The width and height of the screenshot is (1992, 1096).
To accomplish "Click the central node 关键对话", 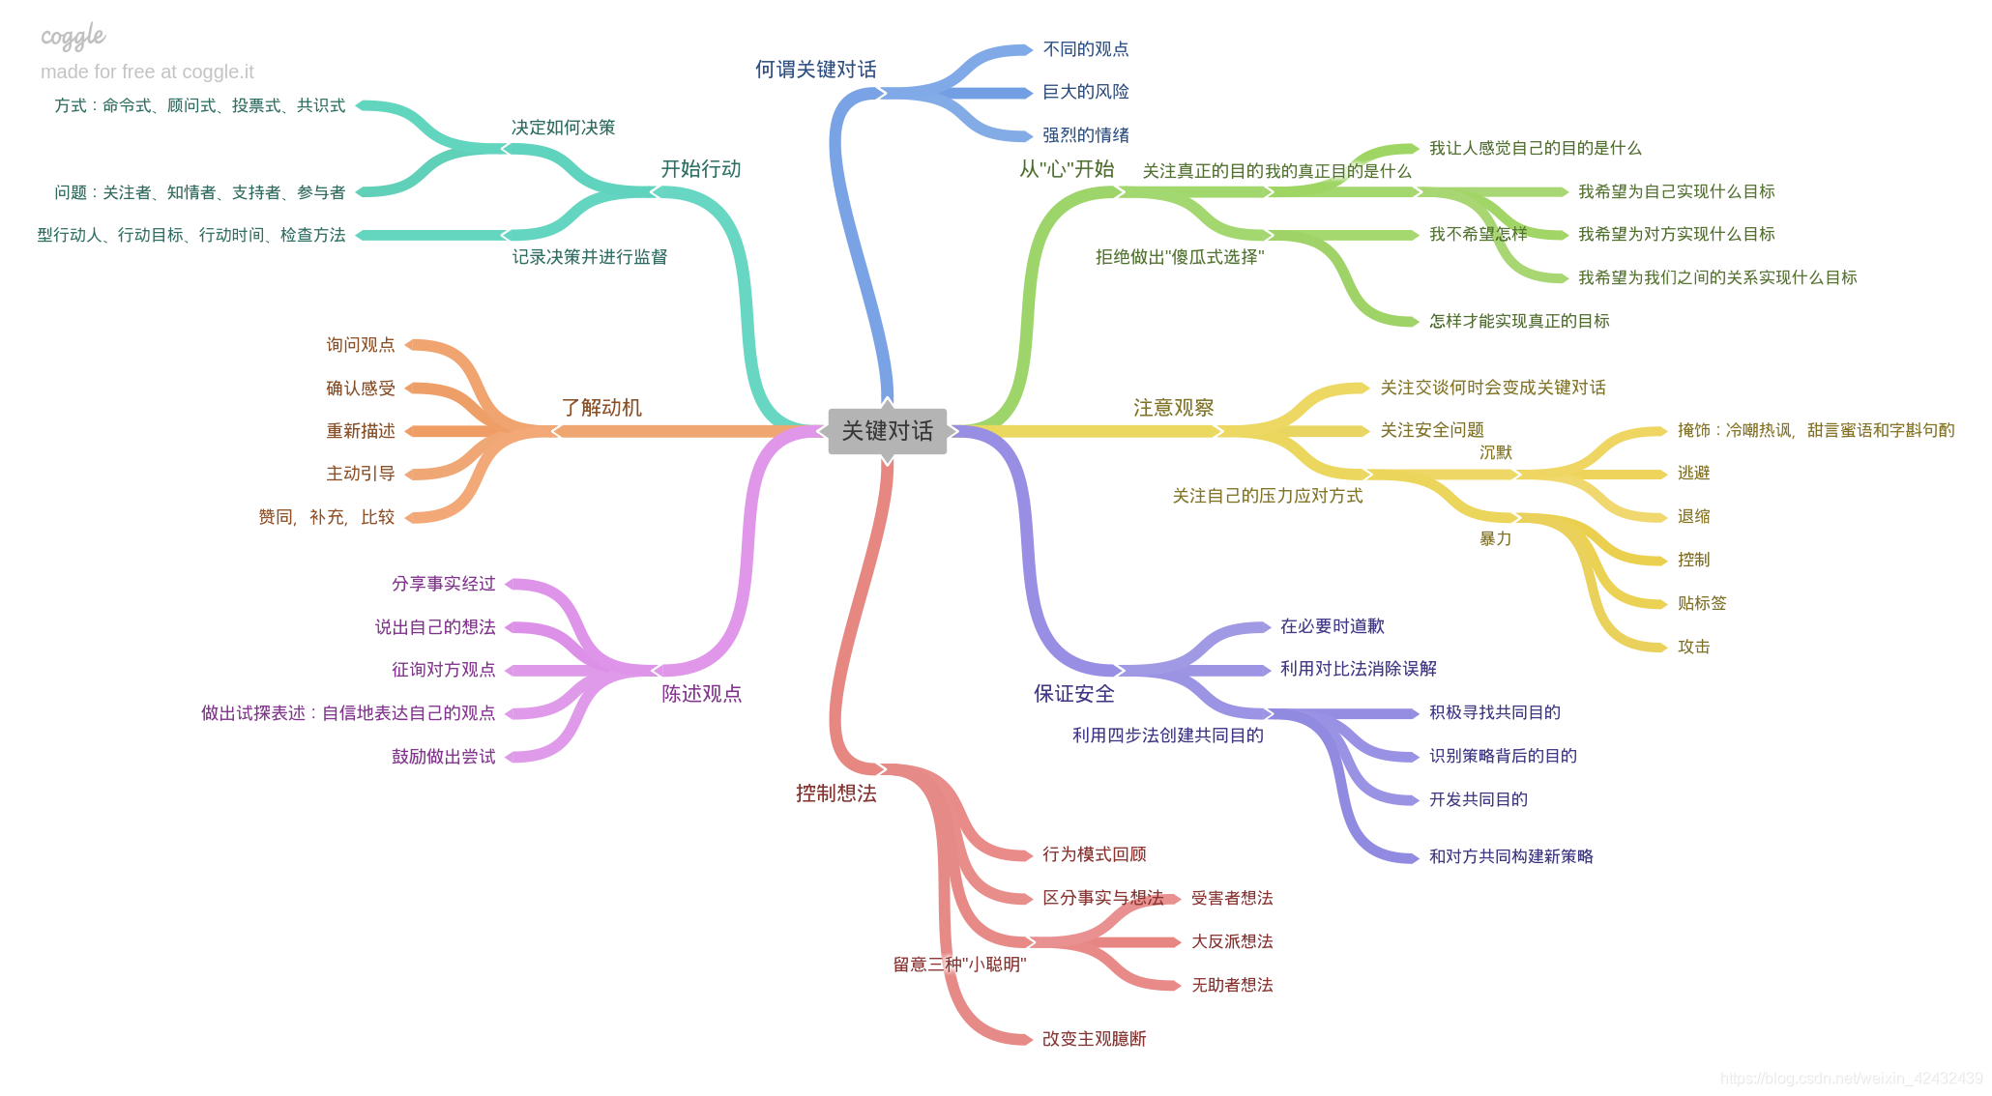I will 887,431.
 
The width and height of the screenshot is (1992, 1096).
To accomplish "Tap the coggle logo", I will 73,37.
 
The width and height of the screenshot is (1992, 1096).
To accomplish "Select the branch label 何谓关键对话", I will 815,70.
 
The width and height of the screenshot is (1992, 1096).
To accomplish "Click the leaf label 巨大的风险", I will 1085,92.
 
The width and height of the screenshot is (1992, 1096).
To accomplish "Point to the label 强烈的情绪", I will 1085,135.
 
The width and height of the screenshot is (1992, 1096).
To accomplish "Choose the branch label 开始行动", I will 700,169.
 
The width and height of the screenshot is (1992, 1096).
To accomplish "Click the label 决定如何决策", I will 563,128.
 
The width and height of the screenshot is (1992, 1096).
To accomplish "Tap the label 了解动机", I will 601,408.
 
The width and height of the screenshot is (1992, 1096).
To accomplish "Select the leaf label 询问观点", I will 360,345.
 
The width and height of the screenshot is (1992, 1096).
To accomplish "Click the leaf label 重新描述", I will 360,431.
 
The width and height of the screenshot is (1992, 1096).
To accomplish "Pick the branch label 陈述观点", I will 701,694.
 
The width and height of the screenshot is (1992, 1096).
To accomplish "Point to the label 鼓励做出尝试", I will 443,757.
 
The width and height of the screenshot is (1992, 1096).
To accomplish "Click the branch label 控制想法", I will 835,793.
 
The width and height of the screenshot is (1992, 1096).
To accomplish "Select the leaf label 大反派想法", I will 1231,941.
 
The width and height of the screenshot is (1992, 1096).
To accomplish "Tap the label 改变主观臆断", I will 1094,1039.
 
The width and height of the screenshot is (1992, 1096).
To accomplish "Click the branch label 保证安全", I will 1073,694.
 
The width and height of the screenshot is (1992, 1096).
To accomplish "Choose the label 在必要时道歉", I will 1332,626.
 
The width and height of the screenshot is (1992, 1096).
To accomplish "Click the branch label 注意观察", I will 1173,408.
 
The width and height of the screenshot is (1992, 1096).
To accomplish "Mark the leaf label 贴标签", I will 1701,603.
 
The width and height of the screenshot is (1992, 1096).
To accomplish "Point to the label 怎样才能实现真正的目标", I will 1519,321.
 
